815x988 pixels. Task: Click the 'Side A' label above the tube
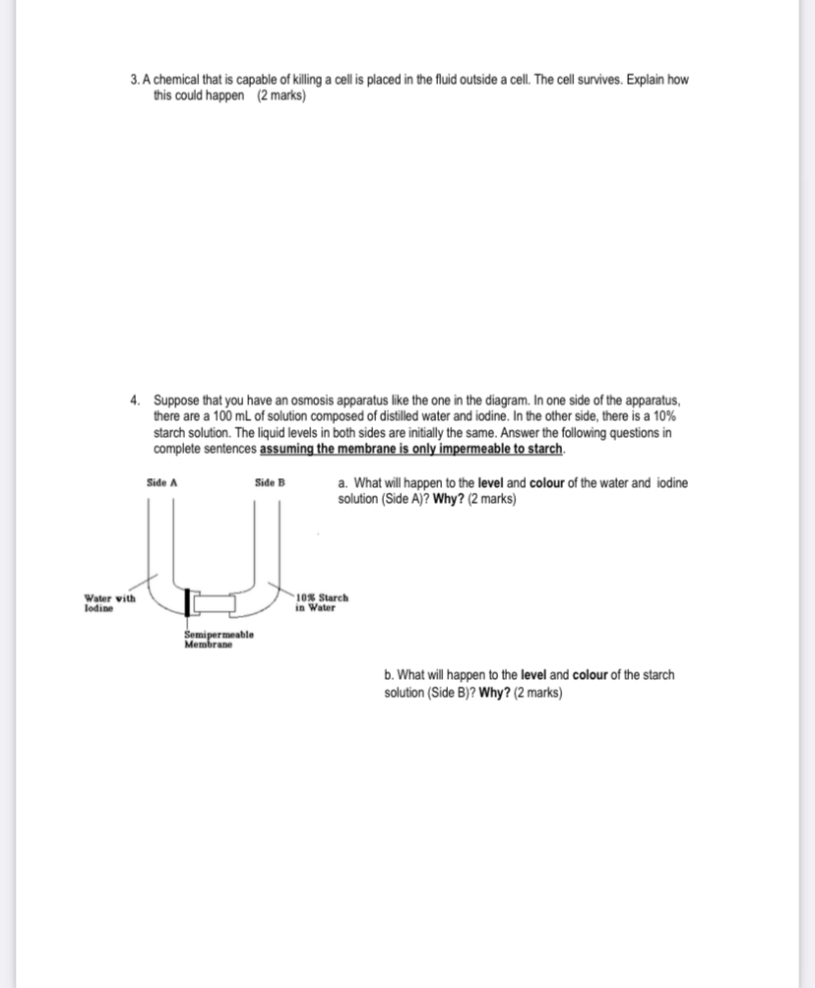(161, 482)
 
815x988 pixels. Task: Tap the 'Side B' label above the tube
(269, 482)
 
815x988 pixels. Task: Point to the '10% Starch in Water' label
(322, 602)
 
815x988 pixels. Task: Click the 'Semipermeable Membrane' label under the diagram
(219, 640)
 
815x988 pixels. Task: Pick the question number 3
(135, 80)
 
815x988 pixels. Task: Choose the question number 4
(135, 401)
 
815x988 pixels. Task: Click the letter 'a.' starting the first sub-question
(343, 483)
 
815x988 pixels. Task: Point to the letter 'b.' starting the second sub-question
(390, 675)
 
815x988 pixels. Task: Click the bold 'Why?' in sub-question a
(453, 499)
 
